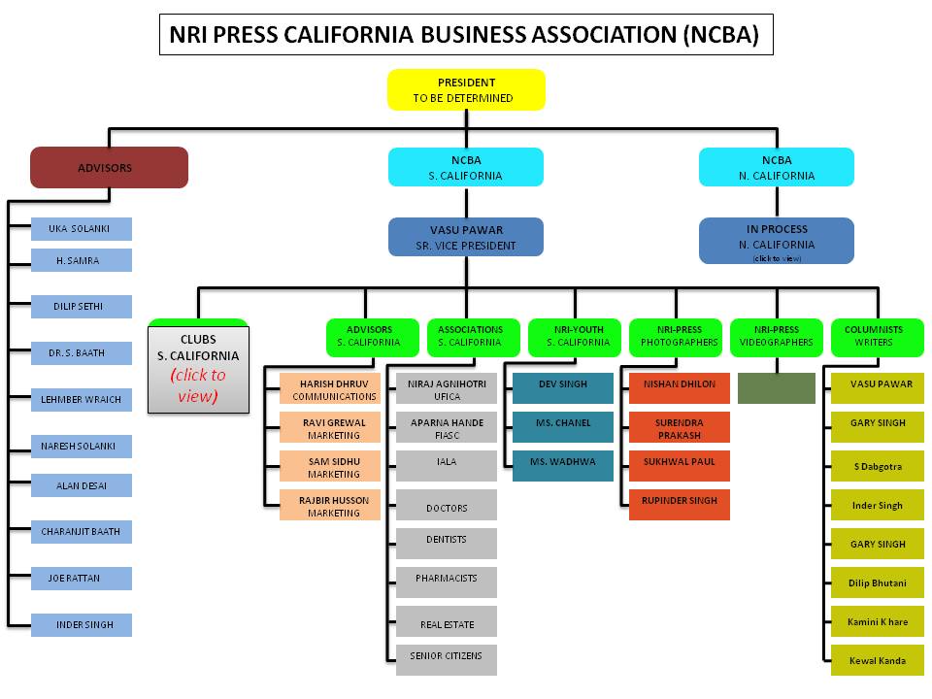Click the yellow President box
pos(466,89)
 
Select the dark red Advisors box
pos(109,167)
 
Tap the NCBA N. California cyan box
pos(777,167)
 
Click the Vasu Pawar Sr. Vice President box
pos(466,237)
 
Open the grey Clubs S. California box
pos(198,368)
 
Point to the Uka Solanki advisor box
pos(81,229)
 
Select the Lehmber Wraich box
pos(81,399)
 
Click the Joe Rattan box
pos(81,579)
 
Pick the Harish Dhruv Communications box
pos(330,389)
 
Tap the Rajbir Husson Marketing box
pos(330,506)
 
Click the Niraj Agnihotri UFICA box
pos(447,389)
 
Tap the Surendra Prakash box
pos(679,427)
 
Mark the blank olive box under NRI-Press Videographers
pos(776,388)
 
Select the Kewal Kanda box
pos(878,661)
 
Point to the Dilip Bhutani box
pos(878,583)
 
